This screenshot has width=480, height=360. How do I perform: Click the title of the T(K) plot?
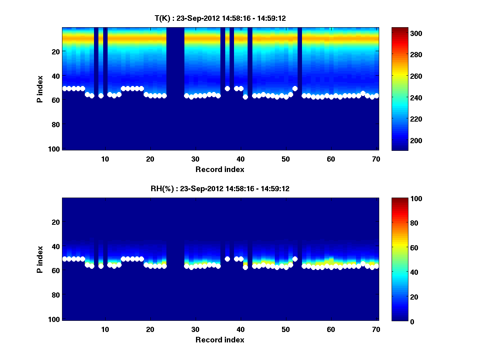220,18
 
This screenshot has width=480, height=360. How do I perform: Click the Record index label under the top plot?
220,169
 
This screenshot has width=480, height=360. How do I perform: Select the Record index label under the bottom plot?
220,340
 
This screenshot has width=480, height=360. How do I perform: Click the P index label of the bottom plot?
40,259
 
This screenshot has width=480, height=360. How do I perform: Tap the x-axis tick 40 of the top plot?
240,159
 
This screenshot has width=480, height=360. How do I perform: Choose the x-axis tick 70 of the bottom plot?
376,329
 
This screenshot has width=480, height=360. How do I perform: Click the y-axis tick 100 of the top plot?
55,149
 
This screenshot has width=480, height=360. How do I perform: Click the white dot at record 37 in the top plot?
227,88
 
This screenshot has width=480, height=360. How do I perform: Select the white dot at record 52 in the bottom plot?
295,259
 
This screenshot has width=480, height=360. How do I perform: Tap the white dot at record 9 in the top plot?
101,96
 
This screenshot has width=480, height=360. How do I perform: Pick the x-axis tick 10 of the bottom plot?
105,329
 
